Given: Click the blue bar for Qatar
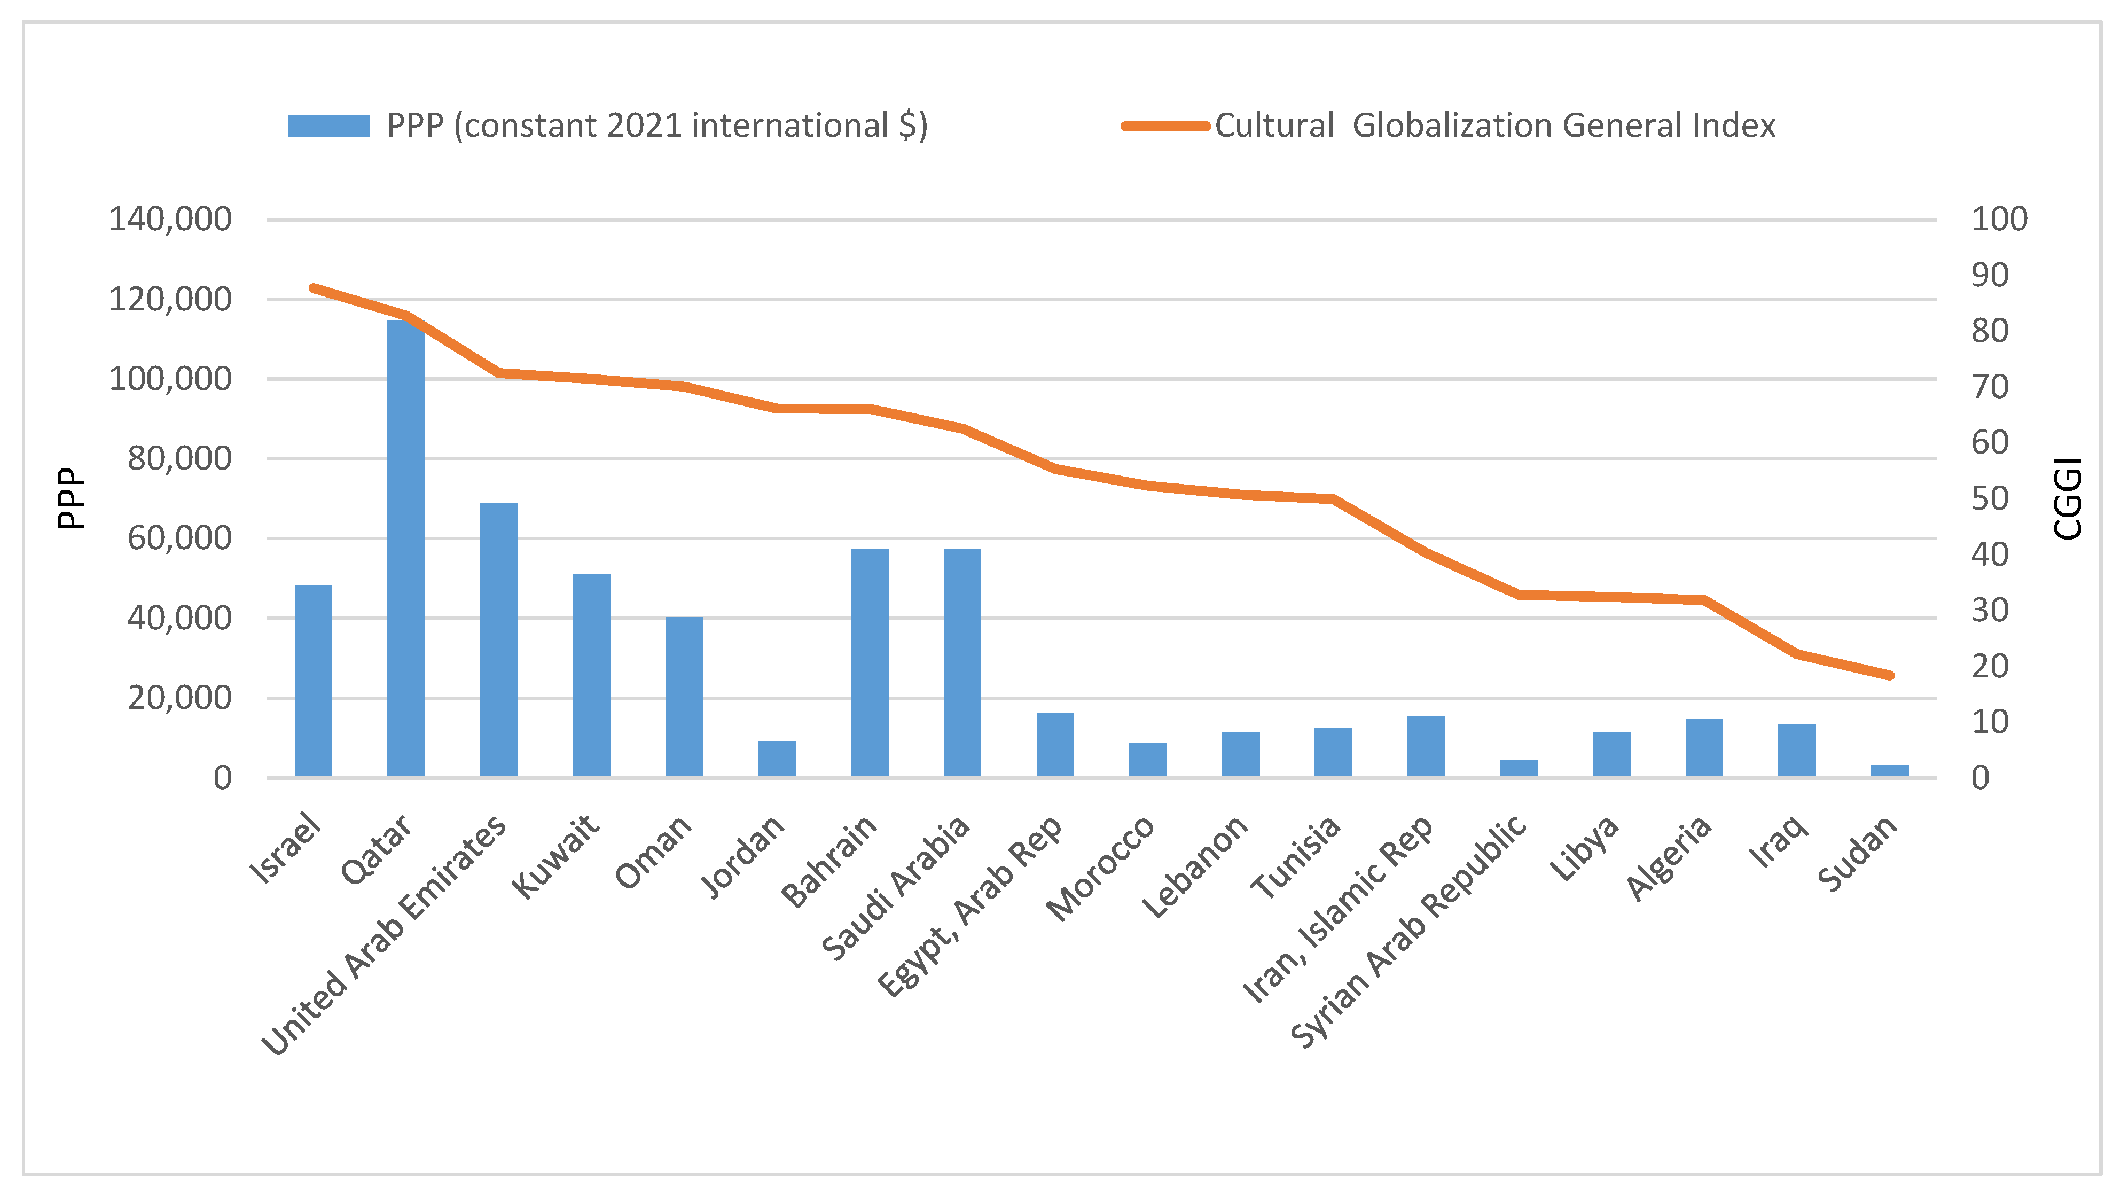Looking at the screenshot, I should [x=406, y=548].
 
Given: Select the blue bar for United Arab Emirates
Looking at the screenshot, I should [x=499, y=640].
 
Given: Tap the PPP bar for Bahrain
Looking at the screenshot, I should [x=870, y=662].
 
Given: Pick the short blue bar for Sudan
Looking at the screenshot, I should [x=1890, y=771].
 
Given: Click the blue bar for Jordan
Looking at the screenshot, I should [x=777, y=759].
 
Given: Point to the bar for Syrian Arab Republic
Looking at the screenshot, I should [x=1519, y=768].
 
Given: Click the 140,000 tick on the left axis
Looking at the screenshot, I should [x=170, y=219].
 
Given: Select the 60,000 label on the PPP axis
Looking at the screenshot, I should [x=179, y=538].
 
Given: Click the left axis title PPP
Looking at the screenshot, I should [x=71, y=498].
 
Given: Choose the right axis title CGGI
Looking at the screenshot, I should [x=2068, y=498].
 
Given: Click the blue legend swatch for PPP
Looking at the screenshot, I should [x=328, y=126].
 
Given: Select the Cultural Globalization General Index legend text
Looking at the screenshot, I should [x=1494, y=126].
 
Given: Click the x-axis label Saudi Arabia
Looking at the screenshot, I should [x=897, y=888].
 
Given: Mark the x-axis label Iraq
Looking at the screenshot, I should [x=1779, y=842].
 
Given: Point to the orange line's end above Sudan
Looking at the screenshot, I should [x=1890, y=675].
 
